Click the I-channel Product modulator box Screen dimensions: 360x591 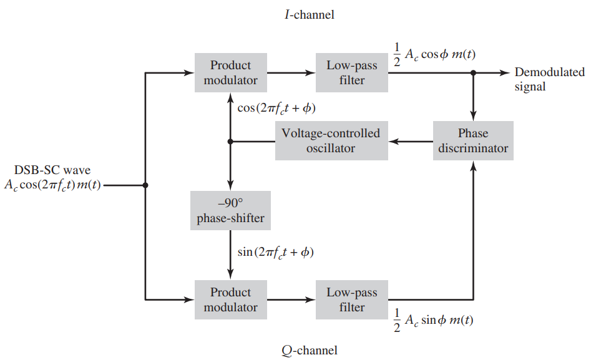point(230,73)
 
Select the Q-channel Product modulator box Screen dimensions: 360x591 point(230,300)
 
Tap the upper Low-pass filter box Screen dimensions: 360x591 point(352,73)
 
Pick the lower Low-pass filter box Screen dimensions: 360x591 point(352,300)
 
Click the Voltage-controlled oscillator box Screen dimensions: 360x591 point(331,141)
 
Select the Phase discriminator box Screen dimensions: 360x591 point(473,141)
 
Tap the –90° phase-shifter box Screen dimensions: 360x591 point(230,211)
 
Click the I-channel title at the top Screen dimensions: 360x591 point(305,14)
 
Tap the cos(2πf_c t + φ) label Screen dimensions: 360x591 point(276,108)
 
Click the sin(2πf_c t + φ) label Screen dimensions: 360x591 point(276,253)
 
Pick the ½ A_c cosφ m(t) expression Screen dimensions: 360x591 point(434,55)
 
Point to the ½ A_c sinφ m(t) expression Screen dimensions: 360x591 point(434,320)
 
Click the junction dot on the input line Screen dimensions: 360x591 point(145,185)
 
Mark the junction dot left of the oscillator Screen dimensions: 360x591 point(230,142)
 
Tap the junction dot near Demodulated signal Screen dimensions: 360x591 point(473,73)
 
